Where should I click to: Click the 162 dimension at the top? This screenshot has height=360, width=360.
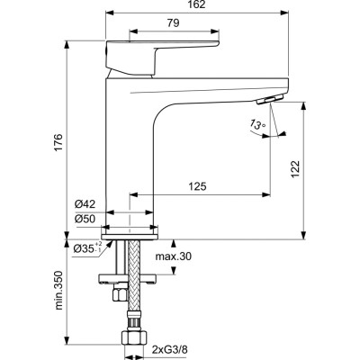197,5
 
